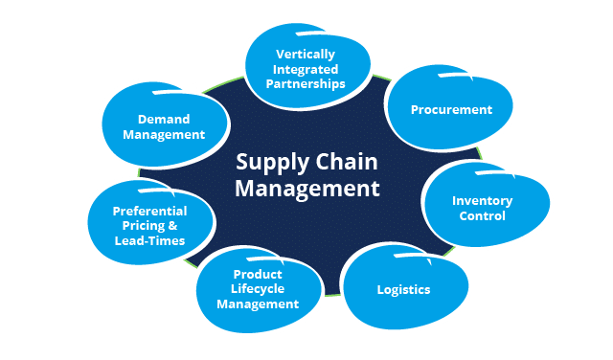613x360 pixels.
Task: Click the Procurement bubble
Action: (451, 109)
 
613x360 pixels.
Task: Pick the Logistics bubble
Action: (402, 289)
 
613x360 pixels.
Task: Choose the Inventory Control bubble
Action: (482, 208)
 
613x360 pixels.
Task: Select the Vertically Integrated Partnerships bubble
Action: (308, 69)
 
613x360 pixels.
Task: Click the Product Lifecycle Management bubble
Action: (257, 289)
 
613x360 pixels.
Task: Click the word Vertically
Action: (310, 54)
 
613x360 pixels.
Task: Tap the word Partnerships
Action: (309, 83)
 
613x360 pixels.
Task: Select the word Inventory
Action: (482, 201)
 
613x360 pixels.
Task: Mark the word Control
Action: (482, 216)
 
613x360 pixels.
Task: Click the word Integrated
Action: (309, 69)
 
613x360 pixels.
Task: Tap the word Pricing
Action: (142, 226)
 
